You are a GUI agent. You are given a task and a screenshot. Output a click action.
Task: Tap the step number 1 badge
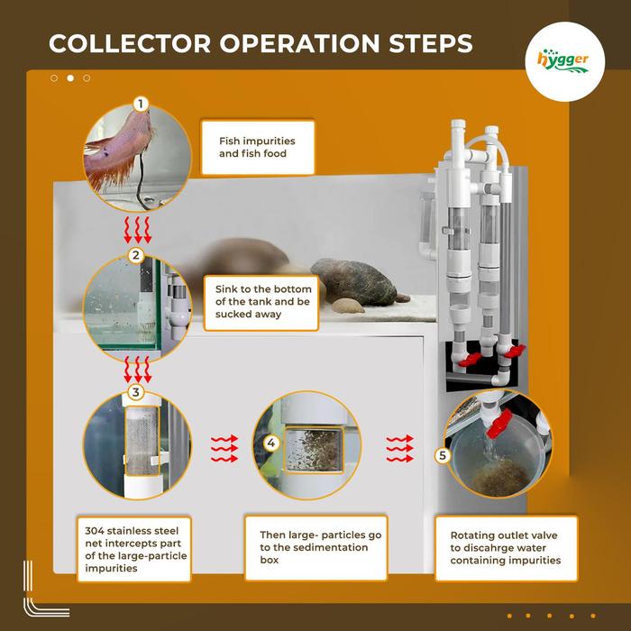click(x=139, y=105)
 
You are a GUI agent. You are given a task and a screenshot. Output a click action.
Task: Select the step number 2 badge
click(x=136, y=255)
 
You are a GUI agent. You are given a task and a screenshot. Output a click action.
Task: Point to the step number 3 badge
click(x=135, y=392)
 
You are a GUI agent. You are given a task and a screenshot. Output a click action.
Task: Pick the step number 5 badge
click(x=442, y=455)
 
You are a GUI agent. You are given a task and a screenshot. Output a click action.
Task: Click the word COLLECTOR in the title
click(x=127, y=43)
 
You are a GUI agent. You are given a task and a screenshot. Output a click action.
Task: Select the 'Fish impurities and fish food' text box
click(x=257, y=148)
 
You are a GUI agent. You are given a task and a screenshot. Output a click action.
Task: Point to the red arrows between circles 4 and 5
click(x=398, y=448)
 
